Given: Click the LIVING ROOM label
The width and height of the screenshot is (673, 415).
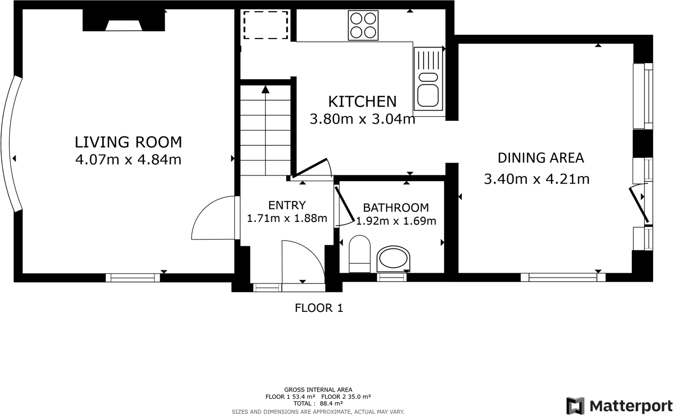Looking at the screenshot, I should coord(128,142).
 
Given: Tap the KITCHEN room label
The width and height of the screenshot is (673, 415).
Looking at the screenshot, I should coord(362,101).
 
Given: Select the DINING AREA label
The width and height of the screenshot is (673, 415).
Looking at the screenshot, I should coord(540,158).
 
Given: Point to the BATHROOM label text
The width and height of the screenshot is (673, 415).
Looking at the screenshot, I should coord(396,207).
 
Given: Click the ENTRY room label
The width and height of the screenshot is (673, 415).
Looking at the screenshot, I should coord(287,205).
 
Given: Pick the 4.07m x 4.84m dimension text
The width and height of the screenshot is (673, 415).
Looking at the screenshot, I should coord(128,159).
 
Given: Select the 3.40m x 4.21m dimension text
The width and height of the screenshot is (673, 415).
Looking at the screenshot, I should coord(537,179).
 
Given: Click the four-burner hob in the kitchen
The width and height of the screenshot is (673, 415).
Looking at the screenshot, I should coord(363,25).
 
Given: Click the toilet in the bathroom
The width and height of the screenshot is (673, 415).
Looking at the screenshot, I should coord(360,255).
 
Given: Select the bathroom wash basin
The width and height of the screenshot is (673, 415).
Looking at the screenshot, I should coord(394,259).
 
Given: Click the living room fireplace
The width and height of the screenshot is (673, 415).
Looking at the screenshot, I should coord(124,22).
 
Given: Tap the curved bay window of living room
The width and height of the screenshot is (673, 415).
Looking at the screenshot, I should coord(11,143).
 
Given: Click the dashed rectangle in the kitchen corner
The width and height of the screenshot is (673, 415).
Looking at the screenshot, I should coord(265,25).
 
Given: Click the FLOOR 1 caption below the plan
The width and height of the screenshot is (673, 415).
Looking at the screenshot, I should coord(319,308).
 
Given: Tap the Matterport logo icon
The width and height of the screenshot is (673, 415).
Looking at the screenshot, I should coord(575,405).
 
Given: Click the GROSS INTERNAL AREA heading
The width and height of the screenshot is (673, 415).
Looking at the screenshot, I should coord(318,390).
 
